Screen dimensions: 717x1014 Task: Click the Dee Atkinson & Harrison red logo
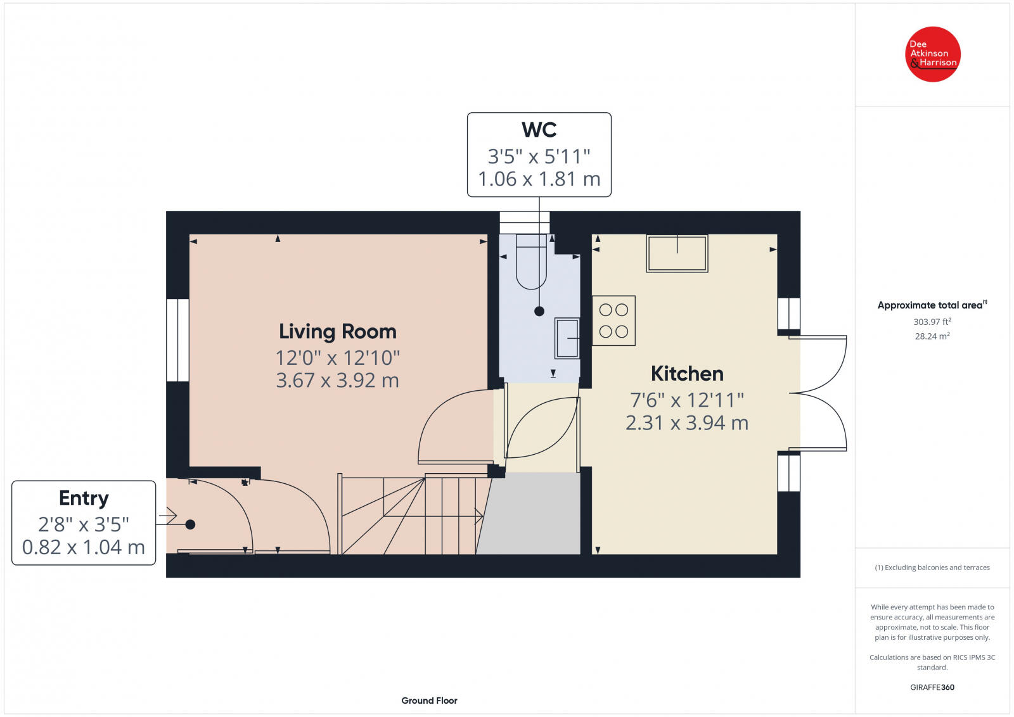[x=932, y=54]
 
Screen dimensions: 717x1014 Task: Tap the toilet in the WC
[x=531, y=262]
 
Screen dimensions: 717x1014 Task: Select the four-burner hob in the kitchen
[x=613, y=320]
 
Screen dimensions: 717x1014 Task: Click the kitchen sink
[x=677, y=253]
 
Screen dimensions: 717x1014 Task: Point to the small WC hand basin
[x=567, y=338]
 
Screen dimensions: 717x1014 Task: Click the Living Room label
[x=337, y=331]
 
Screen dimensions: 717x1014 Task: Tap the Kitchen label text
[x=687, y=374]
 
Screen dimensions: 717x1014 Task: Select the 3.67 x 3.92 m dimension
[x=337, y=380]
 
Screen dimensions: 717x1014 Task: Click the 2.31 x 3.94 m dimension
[x=687, y=422]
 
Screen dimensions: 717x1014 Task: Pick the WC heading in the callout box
[x=539, y=130]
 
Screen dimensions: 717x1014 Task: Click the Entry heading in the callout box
[x=84, y=498]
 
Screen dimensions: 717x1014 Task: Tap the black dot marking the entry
[x=190, y=524]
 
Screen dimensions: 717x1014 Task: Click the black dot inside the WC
[x=539, y=311]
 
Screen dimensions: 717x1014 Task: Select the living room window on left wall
[x=178, y=340]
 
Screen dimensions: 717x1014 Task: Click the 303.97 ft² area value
[x=932, y=322]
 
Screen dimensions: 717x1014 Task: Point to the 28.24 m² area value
[x=932, y=336]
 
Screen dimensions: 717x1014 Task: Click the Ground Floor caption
[x=429, y=701]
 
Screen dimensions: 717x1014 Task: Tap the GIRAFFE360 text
[x=932, y=687]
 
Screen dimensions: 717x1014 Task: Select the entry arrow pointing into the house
[x=168, y=517]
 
